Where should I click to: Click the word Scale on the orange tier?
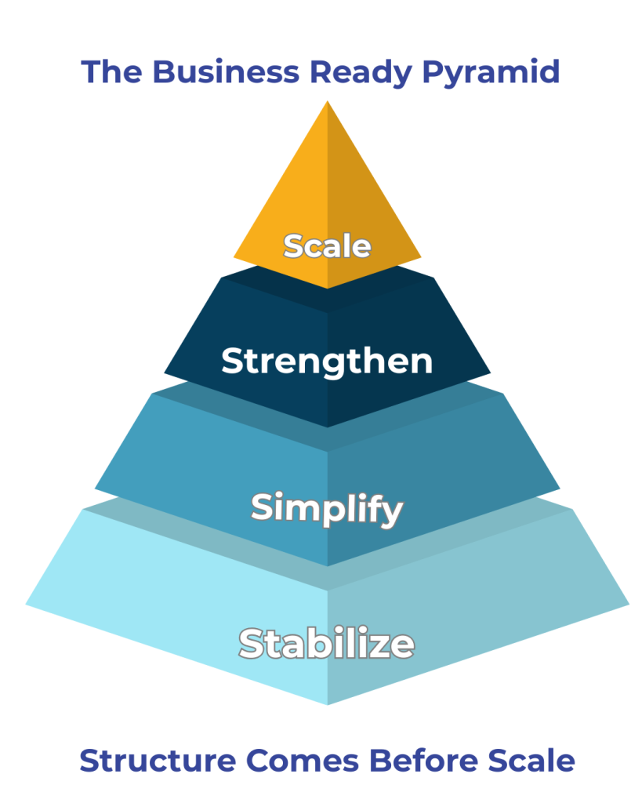(x=327, y=245)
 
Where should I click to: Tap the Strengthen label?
(x=327, y=362)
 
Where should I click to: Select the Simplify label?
(x=327, y=509)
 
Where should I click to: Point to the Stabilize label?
(x=327, y=644)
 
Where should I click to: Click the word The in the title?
(x=111, y=72)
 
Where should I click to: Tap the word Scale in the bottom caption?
(x=532, y=760)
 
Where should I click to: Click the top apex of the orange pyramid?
(x=327, y=102)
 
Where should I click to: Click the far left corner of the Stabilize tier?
(x=27, y=604)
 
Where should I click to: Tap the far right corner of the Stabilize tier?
(x=629, y=604)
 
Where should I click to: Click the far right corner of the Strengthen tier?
(x=490, y=373)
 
